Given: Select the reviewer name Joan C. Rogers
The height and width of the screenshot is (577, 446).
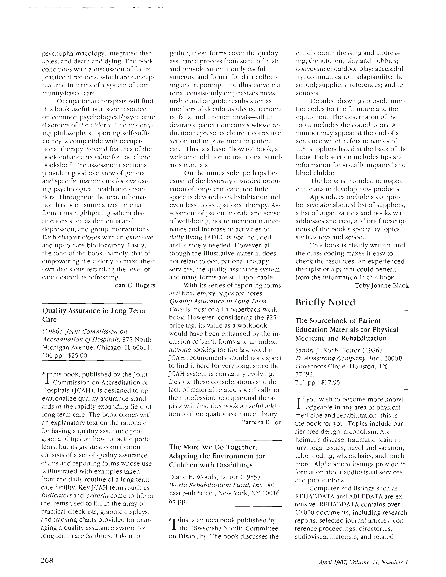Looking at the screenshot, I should [x=134, y=286].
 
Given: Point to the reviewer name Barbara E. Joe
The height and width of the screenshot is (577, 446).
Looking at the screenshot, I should [x=262, y=422].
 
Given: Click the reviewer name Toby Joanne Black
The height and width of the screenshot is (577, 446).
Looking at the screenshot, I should [x=382, y=286].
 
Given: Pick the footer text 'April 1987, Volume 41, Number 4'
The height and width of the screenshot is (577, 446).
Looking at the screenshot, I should [x=363, y=560].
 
